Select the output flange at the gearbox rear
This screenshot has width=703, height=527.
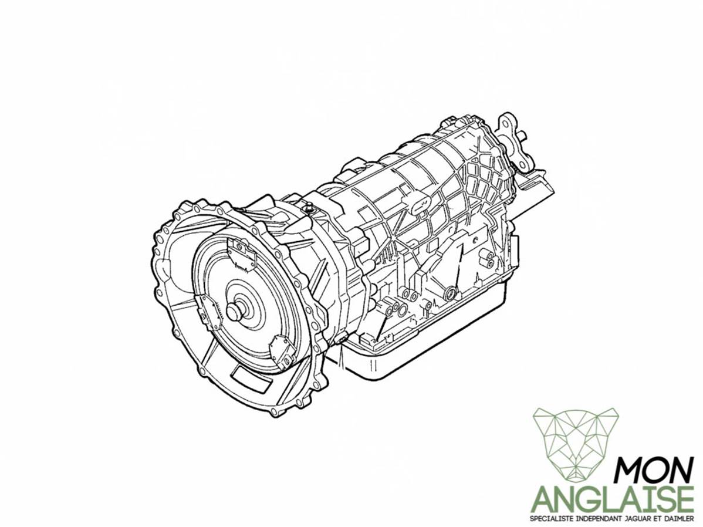pos(514,142)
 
